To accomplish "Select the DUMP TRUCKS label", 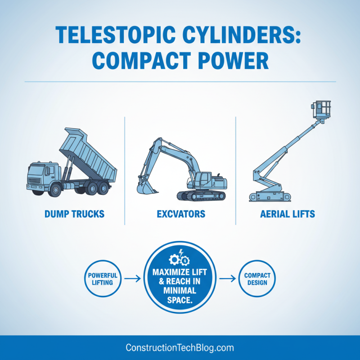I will pyautogui.click(x=75, y=214).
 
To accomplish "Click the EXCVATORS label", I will pyautogui.click(x=181, y=214).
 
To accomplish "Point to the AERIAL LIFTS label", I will pyautogui.click(x=288, y=214).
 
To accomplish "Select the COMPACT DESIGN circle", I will pyautogui.click(x=256, y=279).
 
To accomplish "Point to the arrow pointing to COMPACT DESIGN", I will pyautogui.click(x=227, y=279).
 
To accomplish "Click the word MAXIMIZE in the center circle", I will pyautogui.click(x=180, y=272).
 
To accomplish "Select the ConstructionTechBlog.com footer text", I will pyautogui.click(x=180, y=348).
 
